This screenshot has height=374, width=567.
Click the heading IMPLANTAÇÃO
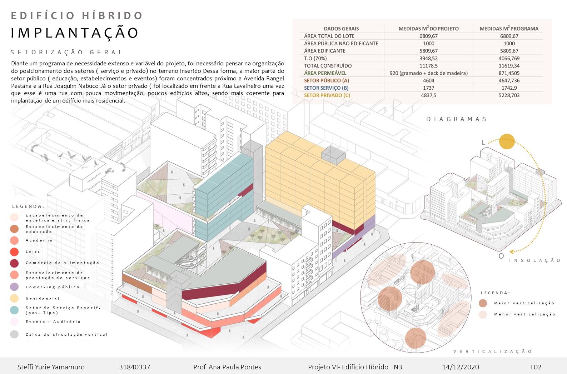coord(75,33)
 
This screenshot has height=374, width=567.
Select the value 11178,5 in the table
coord(428,66)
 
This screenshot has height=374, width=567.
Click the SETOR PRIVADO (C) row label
coord(327,95)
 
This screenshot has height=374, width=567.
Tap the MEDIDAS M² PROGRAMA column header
coord(509,29)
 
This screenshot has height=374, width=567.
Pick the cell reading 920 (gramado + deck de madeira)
coord(428,73)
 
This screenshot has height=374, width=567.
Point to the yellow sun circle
coord(507,141)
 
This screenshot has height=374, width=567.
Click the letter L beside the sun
coord(483,143)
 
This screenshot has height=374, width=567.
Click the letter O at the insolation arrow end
coord(501,256)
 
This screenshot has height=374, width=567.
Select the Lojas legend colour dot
coord(14,251)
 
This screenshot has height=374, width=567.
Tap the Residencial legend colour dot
coord(14,299)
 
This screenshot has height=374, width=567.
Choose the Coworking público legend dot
coord(14,287)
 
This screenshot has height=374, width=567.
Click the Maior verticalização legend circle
coord(483,303)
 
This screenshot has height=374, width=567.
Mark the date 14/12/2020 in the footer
coord(461,367)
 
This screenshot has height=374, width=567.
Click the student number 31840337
coord(134,367)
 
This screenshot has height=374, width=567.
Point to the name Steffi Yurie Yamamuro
coord(51,367)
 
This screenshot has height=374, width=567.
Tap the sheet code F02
coord(536,367)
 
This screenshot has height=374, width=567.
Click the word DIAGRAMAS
coord(456,119)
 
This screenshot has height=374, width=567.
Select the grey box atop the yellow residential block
coord(333,155)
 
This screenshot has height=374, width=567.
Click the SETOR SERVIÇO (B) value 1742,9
coord(509,88)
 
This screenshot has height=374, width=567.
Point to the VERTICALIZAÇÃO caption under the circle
coord(493,351)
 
